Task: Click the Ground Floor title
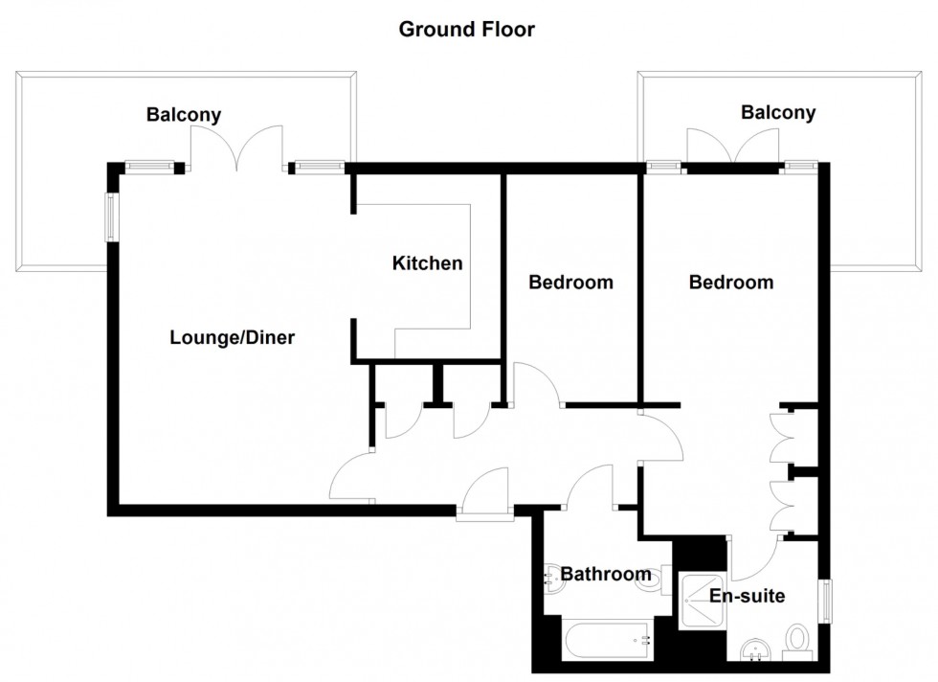pos(466,30)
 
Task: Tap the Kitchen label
pos(427,263)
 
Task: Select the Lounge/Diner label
pos(232,338)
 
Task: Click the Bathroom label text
pos(605,575)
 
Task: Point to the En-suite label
pos(747,596)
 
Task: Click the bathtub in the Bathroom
pos(608,640)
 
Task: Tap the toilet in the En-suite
pos(796,641)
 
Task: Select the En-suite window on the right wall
pos(825,602)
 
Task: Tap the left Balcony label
pos(183,115)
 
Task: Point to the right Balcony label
pos(778,113)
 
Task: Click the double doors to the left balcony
pos(236,148)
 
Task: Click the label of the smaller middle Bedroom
pos(570,283)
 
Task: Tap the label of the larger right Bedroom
pos(731,283)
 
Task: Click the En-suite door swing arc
pos(761,560)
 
